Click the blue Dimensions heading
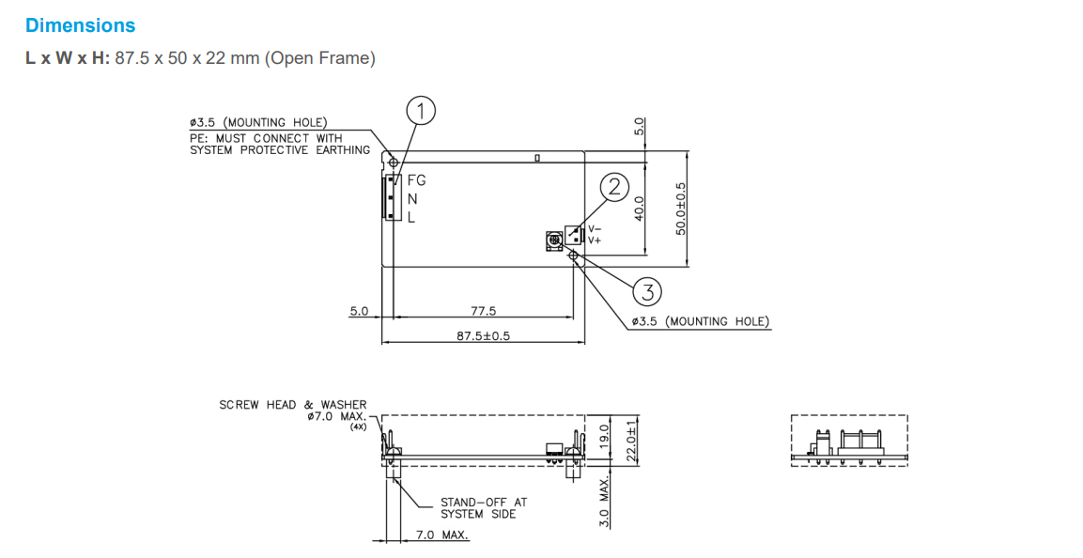(80, 26)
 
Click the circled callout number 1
(422, 112)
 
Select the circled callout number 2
(614, 188)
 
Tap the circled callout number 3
(647, 292)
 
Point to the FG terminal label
(416, 181)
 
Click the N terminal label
(412, 199)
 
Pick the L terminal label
(410, 217)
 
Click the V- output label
(595, 229)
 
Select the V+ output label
(595, 240)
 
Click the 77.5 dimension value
(483, 311)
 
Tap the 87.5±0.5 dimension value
(483, 335)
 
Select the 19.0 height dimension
(606, 435)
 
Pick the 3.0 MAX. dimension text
(606, 503)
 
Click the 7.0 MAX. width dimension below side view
(442, 535)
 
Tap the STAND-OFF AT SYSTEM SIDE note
(484, 508)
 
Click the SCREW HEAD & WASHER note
(293, 411)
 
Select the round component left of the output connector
(554, 241)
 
